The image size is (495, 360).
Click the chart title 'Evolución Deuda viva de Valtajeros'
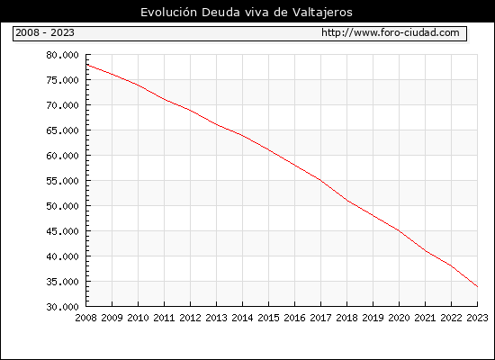[247, 13]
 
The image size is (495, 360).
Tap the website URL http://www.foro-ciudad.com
[391, 32]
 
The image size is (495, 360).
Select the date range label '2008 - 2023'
[45, 32]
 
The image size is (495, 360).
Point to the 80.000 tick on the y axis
[62, 55]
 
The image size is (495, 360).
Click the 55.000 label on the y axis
[62, 181]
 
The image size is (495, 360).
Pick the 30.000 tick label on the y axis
[62, 307]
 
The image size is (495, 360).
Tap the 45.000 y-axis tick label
[62, 231]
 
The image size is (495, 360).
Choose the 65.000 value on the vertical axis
[62, 130]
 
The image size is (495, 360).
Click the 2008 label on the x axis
[85, 318]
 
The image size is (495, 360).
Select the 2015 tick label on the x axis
[269, 318]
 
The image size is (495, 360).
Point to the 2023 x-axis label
[477, 318]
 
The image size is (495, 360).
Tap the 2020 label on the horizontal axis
[399, 318]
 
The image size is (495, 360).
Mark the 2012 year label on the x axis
[191, 318]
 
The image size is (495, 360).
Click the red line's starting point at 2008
[86, 65]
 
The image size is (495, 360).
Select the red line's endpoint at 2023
[477, 286]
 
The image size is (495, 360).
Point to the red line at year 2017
[320, 180]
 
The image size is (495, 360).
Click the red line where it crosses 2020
[399, 230]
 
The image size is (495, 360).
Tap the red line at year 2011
[164, 100]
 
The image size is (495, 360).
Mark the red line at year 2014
[242, 135]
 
